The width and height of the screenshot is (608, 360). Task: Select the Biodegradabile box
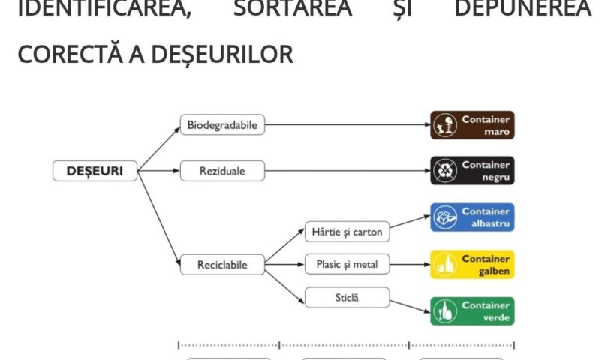(222, 125)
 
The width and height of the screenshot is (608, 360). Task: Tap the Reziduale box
(222, 172)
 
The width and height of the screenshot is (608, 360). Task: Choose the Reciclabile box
(222, 265)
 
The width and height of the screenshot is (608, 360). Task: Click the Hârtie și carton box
(347, 232)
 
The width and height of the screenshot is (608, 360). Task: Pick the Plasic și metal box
(347, 265)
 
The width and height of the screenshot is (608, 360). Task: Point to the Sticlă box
(347, 297)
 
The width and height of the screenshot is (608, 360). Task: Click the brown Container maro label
(472, 125)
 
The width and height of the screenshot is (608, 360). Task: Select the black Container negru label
(472, 170)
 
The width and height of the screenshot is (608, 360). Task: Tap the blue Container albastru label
(472, 217)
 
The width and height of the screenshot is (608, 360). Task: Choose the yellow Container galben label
(472, 265)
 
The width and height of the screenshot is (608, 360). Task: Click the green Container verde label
(472, 310)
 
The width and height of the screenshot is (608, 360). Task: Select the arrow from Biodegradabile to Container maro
(345, 125)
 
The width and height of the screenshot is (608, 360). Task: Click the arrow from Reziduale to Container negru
(345, 172)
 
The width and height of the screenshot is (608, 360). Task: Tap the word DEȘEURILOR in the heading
(215, 53)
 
